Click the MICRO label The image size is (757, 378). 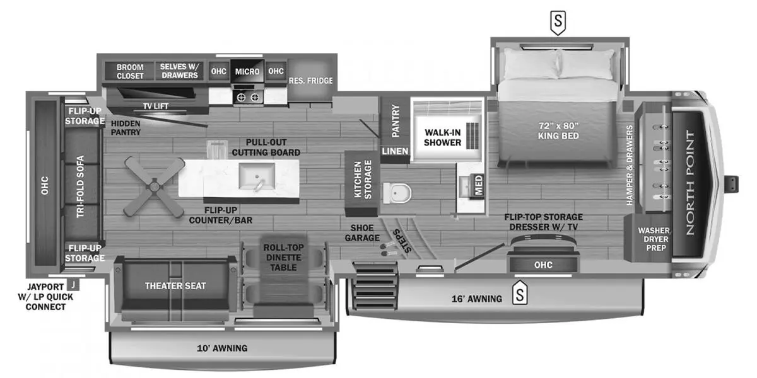(x=247, y=72)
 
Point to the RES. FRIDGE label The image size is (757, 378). (x=310, y=81)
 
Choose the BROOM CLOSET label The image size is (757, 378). (x=130, y=71)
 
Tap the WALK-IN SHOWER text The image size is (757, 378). (x=442, y=137)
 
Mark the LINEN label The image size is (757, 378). (x=396, y=152)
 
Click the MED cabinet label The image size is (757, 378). (x=479, y=185)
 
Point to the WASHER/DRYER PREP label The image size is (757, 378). (x=653, y=239)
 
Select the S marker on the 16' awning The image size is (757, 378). (x=520, y=294)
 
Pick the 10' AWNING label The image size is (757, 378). (x=221, y=348)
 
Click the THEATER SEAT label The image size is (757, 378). (x=175, y=286)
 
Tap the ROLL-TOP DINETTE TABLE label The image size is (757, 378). (x=283, y=258)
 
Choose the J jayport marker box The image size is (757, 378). (x=74, y=284)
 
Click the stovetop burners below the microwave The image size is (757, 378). (x=248, y=97)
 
